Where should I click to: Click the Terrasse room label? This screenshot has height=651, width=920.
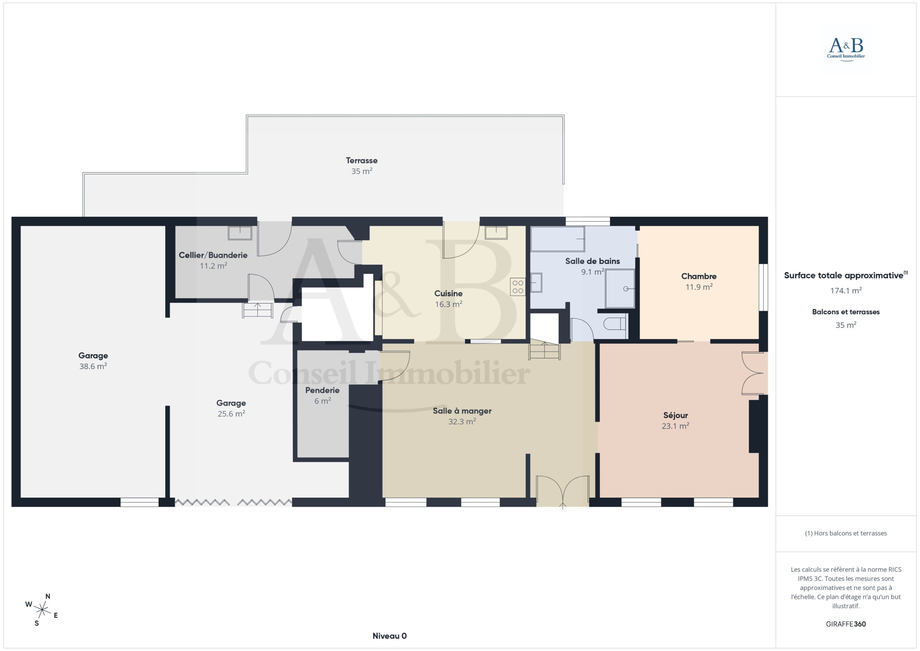pyautogui.click(x=362, y=161)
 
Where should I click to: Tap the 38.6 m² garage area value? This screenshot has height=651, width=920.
pyautogui.click(x=93, y=366)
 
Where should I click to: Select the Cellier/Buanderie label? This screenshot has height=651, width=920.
pyautogui.click(x=213, y=255)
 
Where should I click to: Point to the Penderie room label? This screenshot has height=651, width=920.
pyautogui.click(x=322, y=390)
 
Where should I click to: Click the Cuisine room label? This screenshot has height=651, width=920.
pyautogui.click(x=448, y=294)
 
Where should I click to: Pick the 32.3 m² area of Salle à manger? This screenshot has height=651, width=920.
pyautogui.click(x=462, y=422)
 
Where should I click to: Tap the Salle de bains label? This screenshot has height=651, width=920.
pyautogui.click(x=593, y=261)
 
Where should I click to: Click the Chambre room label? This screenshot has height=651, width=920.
pyautogui.click(x=699, y=276)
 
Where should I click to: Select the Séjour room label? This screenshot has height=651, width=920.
pyautogui.click(x=675, y=415)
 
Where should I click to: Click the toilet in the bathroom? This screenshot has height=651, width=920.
pyautogui.click(x=615, y=323)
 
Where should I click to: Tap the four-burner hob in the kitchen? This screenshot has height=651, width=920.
pyautogui.click(x=517, y=287)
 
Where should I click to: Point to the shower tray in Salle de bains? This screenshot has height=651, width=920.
pyautogui.click(x=620, y=289)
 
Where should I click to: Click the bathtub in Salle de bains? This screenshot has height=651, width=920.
pyautogui.click(x=557, y=239)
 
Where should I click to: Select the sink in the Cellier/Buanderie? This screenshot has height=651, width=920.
pyautogui.click(x=240, y=233)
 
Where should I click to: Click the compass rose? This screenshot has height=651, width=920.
pyautogui.click(x=42, y=610)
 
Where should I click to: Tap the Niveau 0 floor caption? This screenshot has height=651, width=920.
pyautogui.click(x=389, y=636)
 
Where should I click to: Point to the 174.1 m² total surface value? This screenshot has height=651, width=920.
pyautogui.click(x=846, y=291)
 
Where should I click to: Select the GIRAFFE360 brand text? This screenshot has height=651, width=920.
pyautogui.click(x=846, y=624)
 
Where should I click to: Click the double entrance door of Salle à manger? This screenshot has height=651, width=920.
pyautogui.click(x=563, y=490)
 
